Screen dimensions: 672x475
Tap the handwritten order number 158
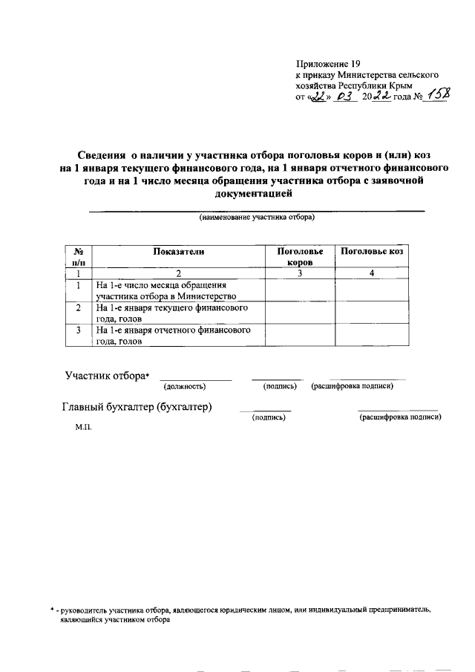point(436,97)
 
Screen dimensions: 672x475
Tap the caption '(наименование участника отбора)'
point(256,218)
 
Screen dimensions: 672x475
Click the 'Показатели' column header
point(178,252)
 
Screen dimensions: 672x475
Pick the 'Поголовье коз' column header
point(371,252)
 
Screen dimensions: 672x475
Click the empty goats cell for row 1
point(372,290)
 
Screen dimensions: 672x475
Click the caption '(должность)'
point(185,387)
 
